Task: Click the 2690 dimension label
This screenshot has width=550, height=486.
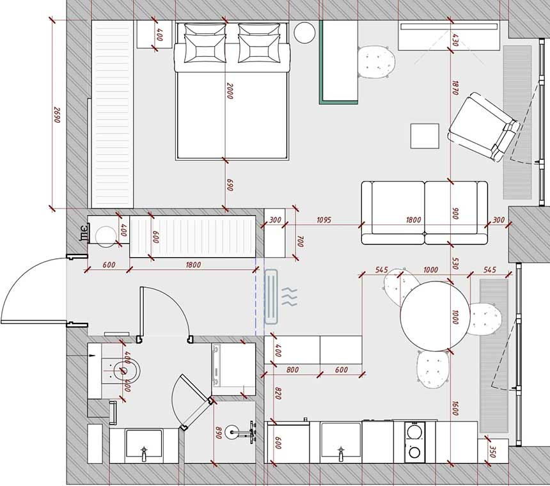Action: click(57, 114)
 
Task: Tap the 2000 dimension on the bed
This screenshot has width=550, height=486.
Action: click(230, 91)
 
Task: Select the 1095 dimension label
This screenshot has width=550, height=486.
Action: click(324, 220)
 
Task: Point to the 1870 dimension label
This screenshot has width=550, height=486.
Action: click(455, 88)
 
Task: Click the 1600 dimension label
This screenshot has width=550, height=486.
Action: click(455, 409)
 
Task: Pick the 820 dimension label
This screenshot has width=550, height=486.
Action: click(278, 393)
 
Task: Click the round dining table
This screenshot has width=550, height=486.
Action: click(435, 316)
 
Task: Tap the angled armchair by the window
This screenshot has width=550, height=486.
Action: click(483, 127)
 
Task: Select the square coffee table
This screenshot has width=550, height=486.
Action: click(425, 136)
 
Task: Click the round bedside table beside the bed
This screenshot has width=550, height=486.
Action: click(304, 33)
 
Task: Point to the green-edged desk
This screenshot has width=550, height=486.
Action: click(338, 63)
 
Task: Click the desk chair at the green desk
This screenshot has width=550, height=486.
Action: click(377, 62)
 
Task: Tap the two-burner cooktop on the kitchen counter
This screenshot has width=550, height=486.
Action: click(414, 442)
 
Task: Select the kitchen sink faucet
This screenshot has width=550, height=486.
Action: click(341, 454)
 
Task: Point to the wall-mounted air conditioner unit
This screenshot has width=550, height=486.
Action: click(271, 297)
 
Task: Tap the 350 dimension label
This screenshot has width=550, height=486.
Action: click(492, 452)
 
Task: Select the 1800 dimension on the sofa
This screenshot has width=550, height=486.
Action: click(414, 220)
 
